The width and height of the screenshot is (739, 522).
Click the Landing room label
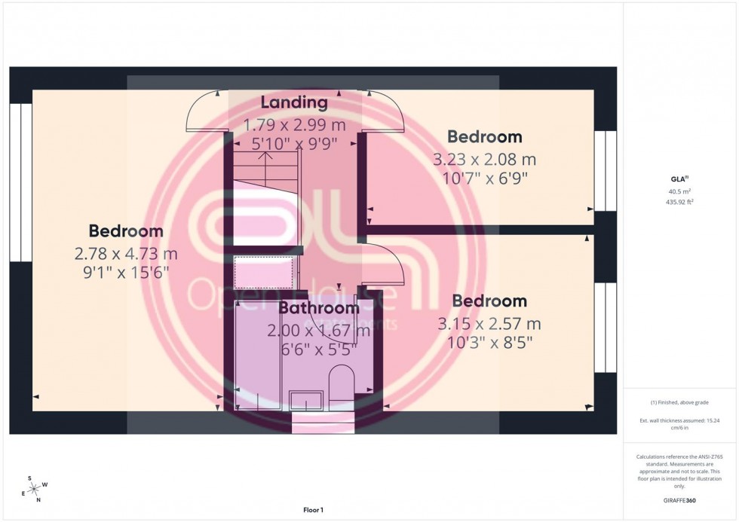point(294,102)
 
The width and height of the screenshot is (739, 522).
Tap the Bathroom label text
point(318,308)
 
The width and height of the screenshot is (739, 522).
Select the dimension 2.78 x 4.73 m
point(126,253)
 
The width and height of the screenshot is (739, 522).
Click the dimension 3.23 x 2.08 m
point(484,160)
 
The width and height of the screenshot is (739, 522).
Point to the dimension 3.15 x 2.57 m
point(489,325)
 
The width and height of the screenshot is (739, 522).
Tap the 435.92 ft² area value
point(680,201)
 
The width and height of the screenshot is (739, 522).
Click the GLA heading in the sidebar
point(680,179)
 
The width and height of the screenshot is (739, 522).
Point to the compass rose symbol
point(33,488)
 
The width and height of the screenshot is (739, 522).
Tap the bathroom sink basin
point(308,400)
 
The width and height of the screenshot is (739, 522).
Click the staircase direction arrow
point(265,158)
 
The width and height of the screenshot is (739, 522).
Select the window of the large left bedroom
point(20,182)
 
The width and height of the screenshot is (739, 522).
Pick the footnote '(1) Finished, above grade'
point(680,402)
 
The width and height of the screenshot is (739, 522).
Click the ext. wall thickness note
point(680,423)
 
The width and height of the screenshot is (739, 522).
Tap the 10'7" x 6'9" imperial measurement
point(484,179)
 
